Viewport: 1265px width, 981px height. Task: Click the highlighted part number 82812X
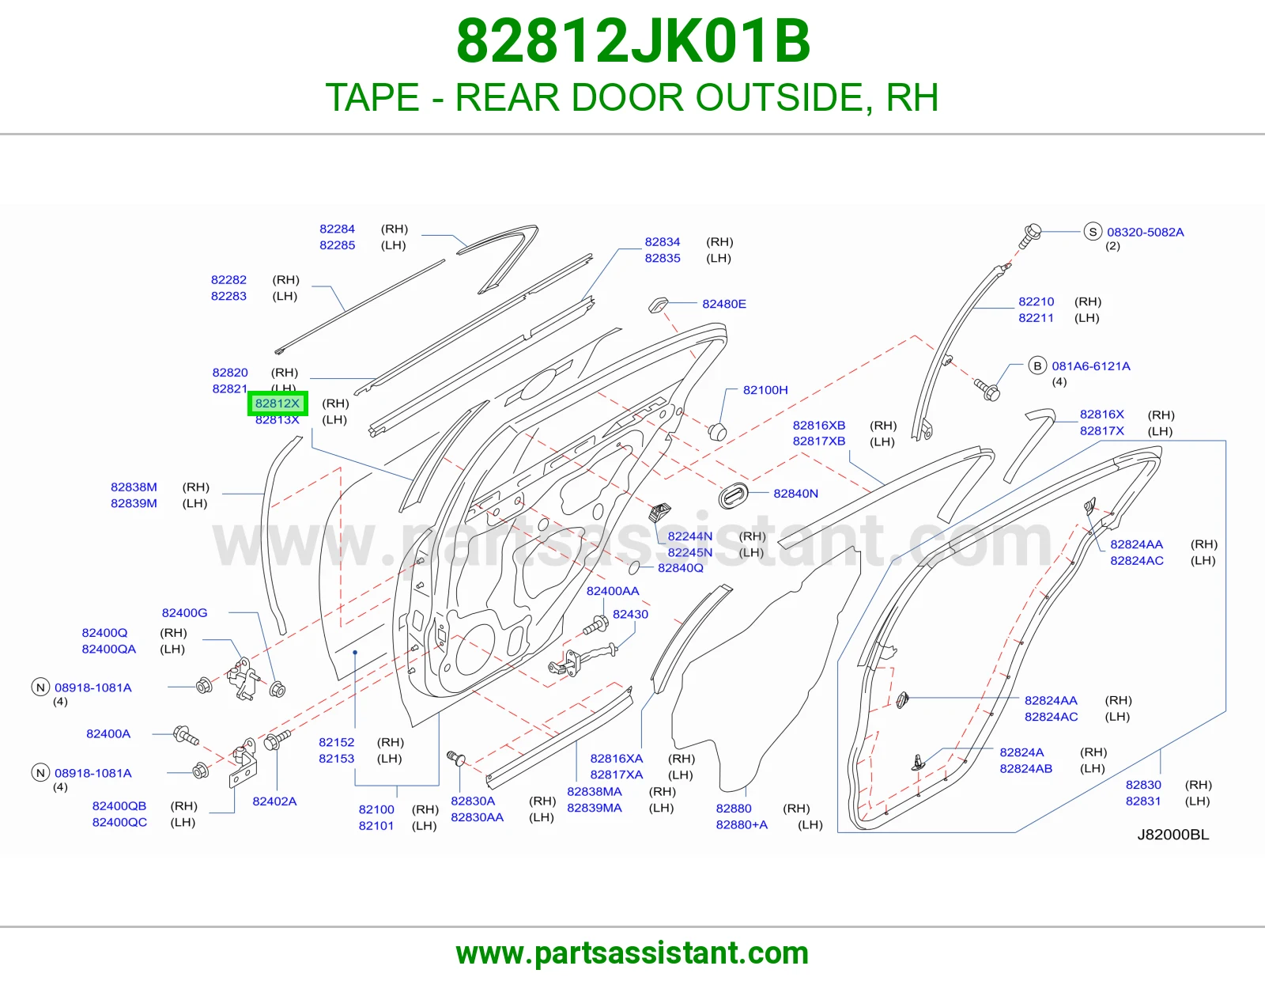(277, 403)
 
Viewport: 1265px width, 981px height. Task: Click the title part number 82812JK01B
(633, 41)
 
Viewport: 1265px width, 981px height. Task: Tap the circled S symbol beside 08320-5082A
(1093, 232)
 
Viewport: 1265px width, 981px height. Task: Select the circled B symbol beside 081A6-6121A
(1037, 366)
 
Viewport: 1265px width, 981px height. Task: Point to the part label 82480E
(723, 304)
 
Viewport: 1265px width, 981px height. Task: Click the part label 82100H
(765, 390)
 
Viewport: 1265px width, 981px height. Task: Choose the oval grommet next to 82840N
(732, 495)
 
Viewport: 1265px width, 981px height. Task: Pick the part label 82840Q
(680, 567)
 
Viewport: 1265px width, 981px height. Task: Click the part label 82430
(630, 614)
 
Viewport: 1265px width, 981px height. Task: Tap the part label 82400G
(184, 612)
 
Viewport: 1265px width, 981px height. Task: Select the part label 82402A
(274, 801)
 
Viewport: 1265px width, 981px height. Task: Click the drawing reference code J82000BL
(1172, 834)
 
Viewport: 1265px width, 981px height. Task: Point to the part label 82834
(662, 242)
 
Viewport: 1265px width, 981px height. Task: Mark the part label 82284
(337, 229)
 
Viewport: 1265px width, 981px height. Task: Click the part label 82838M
(134, 487)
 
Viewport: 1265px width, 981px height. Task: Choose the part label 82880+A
(741, 824)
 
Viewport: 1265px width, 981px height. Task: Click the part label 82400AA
(613, 591)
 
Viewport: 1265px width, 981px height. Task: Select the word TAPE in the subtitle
(372, 97)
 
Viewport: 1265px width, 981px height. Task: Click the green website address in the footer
(632, 953)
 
